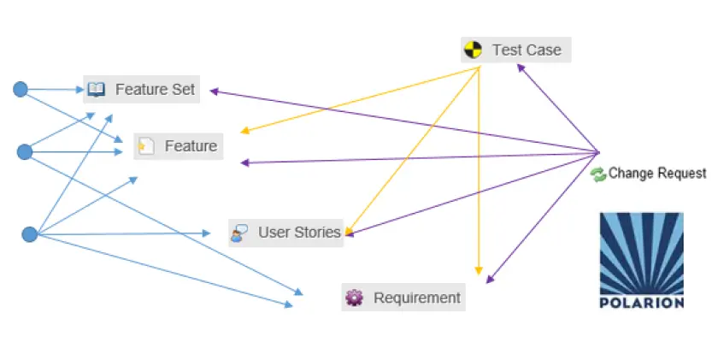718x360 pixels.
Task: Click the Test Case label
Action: tap(526, 50)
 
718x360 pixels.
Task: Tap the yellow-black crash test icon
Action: tap(472, 50)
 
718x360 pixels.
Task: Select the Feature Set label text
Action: tap(155, 89)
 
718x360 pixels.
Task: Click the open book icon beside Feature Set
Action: tap(96, 89)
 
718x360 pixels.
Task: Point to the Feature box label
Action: tap(191, 146)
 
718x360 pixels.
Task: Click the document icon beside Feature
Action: tap(146, 146)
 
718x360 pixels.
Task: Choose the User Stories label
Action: tap(299, 232)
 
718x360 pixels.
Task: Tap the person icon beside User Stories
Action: tap(240, 232)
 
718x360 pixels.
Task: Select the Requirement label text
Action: tap(417, 298)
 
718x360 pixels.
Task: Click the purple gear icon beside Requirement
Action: tap(354, 298)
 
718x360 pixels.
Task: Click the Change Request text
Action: tap(657, 174)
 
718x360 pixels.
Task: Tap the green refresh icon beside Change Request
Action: tap(598, 174)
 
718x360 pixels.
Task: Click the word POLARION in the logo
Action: tap(641, 302)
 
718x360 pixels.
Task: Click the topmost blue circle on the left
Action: tap(21, 89)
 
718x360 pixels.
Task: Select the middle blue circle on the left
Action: tap(25, 151)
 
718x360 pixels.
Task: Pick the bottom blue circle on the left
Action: tap(29, 233)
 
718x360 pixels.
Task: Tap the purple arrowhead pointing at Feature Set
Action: tap(215, 91)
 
